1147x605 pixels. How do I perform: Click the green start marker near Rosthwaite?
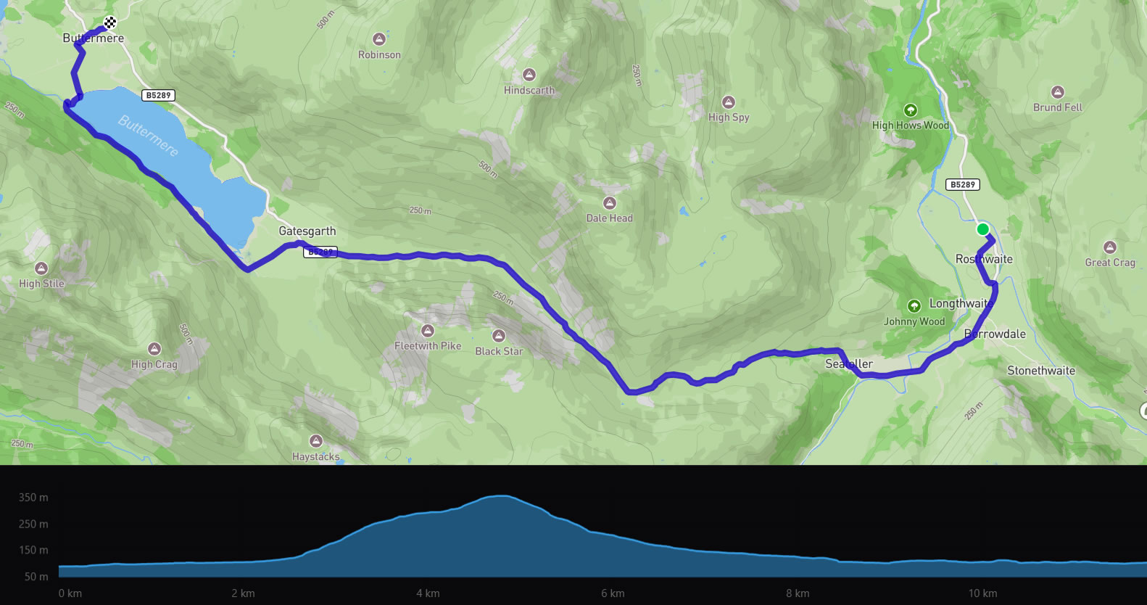982,229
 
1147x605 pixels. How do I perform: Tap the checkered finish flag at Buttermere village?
110,22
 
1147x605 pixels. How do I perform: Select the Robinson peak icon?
378,39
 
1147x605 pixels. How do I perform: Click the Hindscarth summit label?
529,91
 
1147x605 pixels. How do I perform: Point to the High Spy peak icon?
729,102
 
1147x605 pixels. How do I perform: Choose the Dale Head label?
610,218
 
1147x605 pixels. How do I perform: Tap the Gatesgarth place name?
307,231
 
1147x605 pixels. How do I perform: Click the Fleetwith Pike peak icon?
428,332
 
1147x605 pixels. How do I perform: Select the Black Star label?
499,351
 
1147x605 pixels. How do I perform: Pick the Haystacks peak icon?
315,441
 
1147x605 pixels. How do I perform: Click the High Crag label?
154,364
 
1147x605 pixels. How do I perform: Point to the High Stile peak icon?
41,268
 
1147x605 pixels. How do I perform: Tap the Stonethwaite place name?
1041,371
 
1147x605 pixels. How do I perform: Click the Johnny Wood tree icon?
914,306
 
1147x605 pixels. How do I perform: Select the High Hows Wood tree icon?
911,110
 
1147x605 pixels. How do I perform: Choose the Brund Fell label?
1058,107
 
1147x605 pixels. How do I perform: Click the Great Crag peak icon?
1109,247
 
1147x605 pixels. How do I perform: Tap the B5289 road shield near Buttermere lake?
158,95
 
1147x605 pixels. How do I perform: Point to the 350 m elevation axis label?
33,498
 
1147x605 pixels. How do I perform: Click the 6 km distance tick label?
613,593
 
